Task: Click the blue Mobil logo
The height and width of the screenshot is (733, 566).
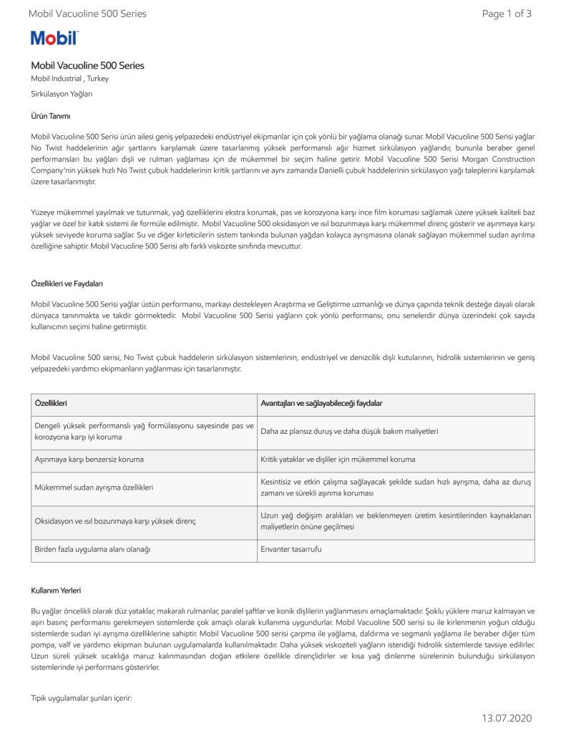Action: [54, 38]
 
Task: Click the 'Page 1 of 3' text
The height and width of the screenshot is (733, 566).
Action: [507, 14]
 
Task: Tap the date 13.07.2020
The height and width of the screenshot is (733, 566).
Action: [507, 718]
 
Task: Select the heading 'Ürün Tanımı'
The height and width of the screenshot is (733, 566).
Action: [50, 116]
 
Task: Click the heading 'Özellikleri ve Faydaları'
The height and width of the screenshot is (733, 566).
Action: [67, 283]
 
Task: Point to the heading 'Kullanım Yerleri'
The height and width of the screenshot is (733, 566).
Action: [56, 591]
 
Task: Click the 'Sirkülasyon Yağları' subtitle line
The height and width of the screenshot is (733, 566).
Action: [62, 94]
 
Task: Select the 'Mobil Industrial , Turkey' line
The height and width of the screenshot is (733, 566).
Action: [69, 79]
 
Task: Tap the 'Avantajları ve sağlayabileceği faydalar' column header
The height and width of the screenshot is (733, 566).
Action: [321, 404]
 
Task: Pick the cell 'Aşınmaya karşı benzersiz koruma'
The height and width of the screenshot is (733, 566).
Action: [89, 459]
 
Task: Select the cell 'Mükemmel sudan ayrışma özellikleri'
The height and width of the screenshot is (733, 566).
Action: [94, 487]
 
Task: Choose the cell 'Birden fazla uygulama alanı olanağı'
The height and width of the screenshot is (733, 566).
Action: [93, 549]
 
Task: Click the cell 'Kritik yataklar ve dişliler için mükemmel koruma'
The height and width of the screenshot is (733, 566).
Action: [338, 459]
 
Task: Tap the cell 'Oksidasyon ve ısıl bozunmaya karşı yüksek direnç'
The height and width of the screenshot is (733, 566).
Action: [115, 521]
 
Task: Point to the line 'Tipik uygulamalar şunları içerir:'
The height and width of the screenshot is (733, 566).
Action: [82, 696]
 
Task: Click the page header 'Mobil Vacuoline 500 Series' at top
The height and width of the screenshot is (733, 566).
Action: [87, 14]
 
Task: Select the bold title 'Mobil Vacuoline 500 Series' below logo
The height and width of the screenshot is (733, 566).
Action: [87, 66]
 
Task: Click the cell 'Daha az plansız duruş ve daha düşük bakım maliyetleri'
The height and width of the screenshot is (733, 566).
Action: [349, 432]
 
